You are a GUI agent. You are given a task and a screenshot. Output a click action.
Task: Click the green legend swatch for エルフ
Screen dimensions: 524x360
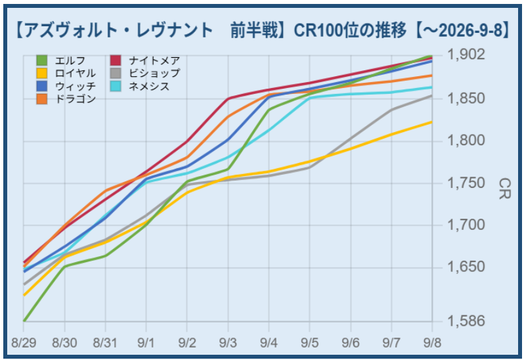click(42, 60)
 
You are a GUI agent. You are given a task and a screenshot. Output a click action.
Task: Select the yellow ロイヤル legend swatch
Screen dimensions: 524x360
click(42, 73)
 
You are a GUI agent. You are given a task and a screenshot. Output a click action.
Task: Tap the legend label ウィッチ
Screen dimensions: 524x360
click(76, 86)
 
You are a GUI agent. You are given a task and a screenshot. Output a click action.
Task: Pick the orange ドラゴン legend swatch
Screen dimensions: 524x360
click(42, 99)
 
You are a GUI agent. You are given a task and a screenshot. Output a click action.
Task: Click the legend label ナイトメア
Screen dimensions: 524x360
click(155, 60)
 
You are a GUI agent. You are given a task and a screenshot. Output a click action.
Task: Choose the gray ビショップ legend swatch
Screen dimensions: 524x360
click(116, 73)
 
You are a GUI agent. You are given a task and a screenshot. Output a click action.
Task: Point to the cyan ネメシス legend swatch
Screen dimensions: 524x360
click(116, 86)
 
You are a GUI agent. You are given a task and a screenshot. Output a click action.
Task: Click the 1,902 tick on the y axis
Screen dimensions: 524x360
click(466, 54)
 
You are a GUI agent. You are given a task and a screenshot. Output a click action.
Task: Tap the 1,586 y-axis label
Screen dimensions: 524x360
click(466, 321)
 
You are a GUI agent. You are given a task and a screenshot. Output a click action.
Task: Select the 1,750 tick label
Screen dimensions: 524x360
click(466, 183)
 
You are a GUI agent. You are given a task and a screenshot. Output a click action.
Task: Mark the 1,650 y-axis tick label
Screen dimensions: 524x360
click(466, 267)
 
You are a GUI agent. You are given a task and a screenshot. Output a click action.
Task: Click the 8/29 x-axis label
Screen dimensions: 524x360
click(24, 343)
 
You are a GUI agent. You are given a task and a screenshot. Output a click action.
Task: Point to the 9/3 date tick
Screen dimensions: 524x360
click(228, 343)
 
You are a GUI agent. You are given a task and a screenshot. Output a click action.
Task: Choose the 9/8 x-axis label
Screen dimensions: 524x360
click(432, 343)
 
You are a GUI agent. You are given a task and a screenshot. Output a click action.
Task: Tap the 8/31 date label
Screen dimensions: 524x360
click(105, 343)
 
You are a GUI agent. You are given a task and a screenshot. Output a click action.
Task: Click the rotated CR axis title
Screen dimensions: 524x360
click(504, 189)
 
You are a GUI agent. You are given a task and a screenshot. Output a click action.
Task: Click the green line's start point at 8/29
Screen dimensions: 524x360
click(24, 321)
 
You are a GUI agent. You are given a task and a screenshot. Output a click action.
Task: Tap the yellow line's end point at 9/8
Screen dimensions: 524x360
click(432, 122)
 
